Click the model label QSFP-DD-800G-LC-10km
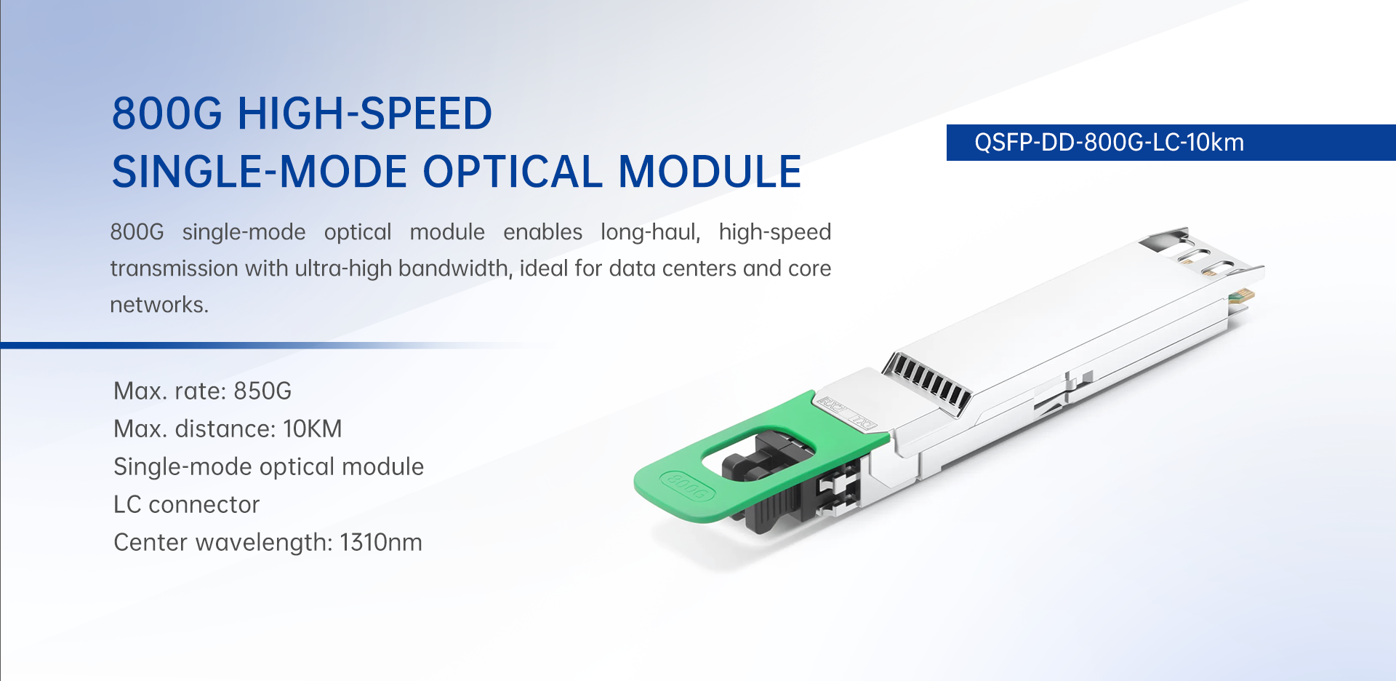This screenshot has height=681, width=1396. [x=1109, y=142]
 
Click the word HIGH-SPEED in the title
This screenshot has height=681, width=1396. [x=365, y=113]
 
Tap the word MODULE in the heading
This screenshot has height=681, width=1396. [x=710, y=172]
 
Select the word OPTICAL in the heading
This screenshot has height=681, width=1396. [x=513, y=172]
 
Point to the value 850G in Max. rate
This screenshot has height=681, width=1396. [x=262, y=391]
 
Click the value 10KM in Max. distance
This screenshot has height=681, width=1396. [x=313, y=429]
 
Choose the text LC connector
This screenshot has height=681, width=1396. [x=187, y=504]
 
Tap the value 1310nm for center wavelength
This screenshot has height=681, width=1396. [x=381, y=542]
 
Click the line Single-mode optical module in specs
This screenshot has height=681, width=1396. [x=269, y=466]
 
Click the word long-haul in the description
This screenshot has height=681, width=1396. [x=651, y=232]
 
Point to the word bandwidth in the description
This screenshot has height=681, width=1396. [x=455, y=268]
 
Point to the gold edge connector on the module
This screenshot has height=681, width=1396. [x=1242, y=295]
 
